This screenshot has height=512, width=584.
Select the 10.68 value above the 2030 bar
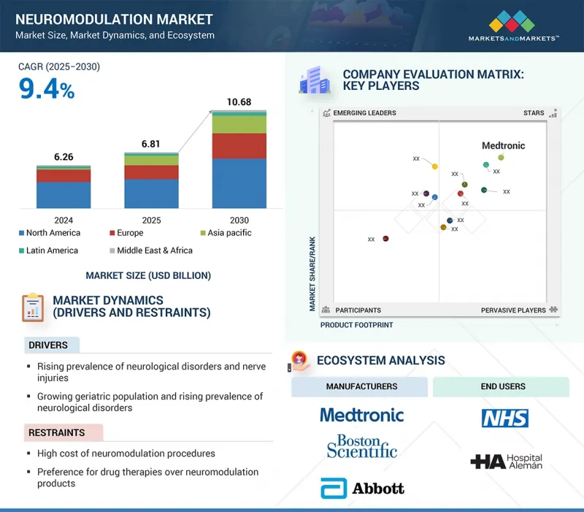[239, 102]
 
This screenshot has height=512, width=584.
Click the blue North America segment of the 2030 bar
[239, 183]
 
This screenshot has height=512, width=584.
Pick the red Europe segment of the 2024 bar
[64, 176]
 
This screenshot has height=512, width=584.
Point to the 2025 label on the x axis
[151, 220]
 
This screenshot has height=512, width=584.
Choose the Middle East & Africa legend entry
[150, 251]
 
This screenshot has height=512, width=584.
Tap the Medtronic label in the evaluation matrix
[503, 145]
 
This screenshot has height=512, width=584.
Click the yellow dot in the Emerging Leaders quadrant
[434, 167]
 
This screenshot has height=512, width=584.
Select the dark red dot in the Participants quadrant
[385, 238]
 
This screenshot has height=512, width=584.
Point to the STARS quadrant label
[534, 113]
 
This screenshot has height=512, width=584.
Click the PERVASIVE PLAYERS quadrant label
[513, 310]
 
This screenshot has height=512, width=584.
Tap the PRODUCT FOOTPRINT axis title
[356, 325]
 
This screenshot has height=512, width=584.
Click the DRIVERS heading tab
[48, 345]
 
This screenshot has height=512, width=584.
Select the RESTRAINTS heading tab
[58, 433]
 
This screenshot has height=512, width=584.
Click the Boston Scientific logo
[362, 446]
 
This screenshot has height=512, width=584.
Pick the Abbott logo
[362, 487]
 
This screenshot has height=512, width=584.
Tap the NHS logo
[504, 418]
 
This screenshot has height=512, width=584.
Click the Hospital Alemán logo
[506, 462]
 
